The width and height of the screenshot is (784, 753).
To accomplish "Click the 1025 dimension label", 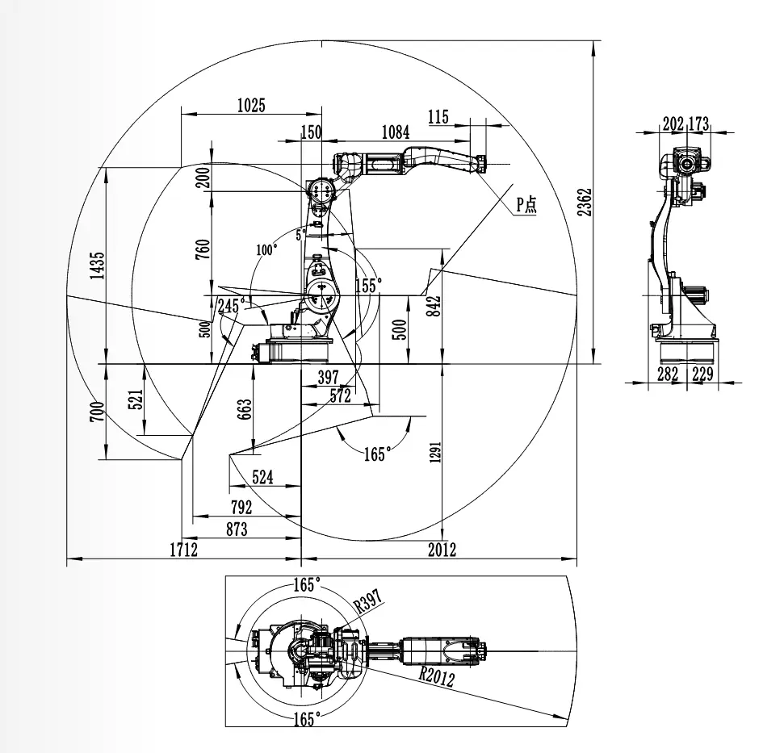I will click(x=251, y=105).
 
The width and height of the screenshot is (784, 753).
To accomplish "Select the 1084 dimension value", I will click(x=395, y=132).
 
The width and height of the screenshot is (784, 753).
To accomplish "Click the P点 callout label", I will click(x=526, y=204).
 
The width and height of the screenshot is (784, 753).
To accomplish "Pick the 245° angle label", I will click(x=231, y=305).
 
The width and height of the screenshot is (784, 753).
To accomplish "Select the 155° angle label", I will click(x=367, y=285).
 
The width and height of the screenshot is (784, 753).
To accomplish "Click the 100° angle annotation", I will click(x=266, y=249).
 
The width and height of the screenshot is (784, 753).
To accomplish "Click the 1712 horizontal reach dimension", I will click(x=183, y=550).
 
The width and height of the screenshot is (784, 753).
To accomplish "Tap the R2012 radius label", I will click(x=436, y=676).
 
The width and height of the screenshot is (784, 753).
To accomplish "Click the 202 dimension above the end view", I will click(x=673, y=123).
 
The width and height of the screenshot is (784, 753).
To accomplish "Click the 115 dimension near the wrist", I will click(x=438, y=117).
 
